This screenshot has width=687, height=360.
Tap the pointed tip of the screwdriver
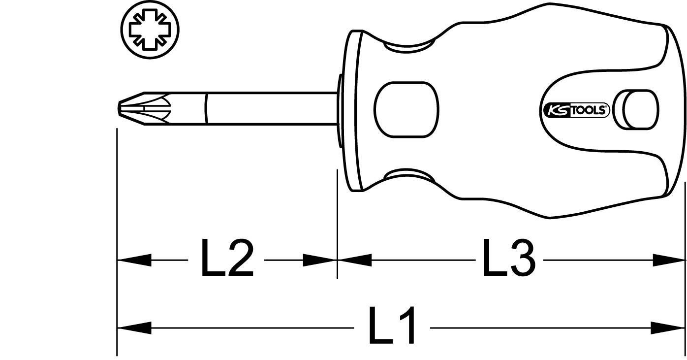tap(121, 106)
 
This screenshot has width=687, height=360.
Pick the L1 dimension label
tap(392, 327)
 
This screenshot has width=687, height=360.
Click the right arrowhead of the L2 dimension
tap(319, 260)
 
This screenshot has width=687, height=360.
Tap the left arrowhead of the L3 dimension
tap(354, 260)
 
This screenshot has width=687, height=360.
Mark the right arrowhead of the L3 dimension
tap(669, 260)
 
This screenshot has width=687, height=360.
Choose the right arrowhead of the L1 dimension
tap(669, 327)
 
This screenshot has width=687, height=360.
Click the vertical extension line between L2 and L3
tap(337, 222)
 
